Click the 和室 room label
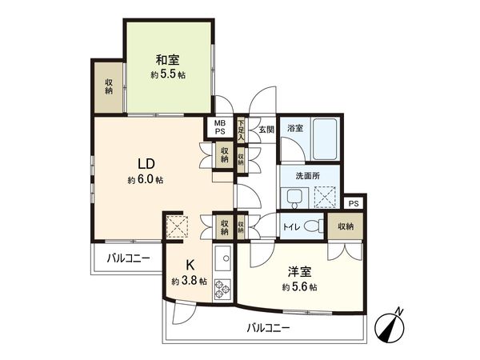166,59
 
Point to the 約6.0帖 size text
145,180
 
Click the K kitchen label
190,266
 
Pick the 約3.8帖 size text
190,282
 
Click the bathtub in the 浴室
324,141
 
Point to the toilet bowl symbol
314,226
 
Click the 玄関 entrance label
266,128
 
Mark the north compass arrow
391,325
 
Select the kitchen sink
222,258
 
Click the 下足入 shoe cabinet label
241,129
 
